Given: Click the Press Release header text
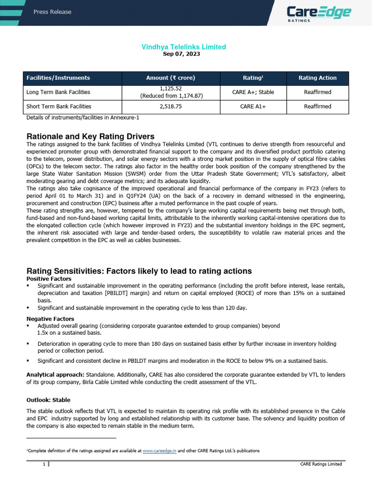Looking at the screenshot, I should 52,12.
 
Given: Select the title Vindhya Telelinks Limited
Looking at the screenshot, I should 184,47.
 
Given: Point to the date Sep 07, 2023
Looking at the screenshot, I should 184,54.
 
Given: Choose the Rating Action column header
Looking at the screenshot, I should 317,77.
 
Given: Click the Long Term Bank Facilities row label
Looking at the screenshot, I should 58,92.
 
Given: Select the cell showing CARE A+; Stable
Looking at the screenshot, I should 253,92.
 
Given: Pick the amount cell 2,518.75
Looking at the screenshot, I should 170,107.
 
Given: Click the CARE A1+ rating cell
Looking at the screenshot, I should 253,107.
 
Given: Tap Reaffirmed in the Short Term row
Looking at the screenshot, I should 317,107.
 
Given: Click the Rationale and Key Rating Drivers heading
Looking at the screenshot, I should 90,136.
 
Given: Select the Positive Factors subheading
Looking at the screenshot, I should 48,279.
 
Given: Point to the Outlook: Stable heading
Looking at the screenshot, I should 48,400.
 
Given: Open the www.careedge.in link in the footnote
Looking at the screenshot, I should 159,450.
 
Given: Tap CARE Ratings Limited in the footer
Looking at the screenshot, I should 321,464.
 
